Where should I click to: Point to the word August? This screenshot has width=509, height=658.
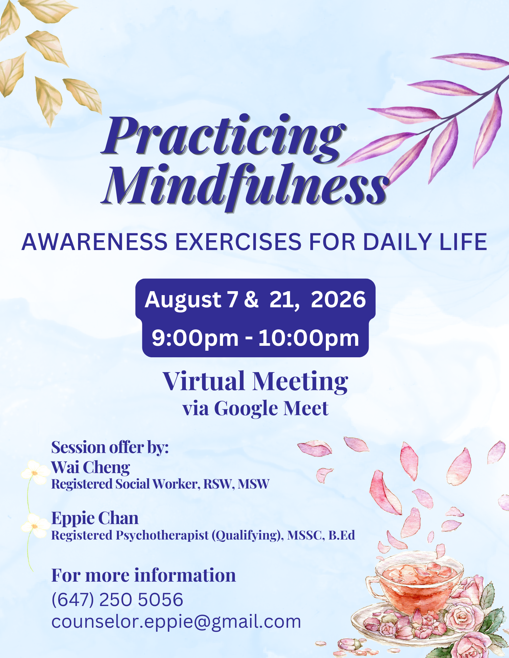tap(183, 300)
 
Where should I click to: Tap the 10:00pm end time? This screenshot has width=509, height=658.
tap(309, 339)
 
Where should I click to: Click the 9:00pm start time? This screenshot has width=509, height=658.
tap(195, 339)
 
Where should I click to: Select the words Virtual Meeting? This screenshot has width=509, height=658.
tap(256, 381)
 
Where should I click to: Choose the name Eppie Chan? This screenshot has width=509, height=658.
tap(95, 518)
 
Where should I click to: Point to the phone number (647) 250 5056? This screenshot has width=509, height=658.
tap(117, 599)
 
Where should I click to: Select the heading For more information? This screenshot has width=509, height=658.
tap(144, 575)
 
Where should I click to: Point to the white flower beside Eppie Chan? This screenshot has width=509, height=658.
tap(34, 526)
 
